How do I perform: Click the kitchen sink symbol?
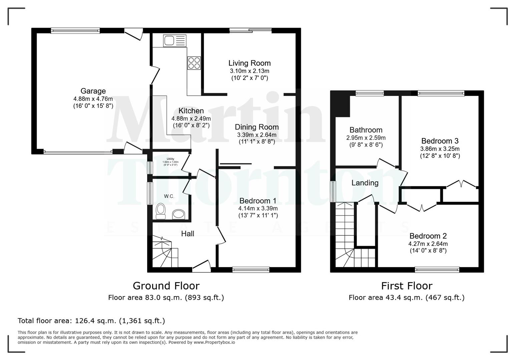point(174,41)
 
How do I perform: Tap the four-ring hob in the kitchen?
point(194,63)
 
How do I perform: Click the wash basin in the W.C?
point(179,214)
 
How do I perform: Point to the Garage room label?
point(93,91)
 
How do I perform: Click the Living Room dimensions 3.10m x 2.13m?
point(249,71)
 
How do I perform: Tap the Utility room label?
point(170,159)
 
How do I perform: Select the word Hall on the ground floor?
point(187,234)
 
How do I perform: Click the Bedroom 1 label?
point(258,201)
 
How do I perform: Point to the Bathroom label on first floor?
point(366,130)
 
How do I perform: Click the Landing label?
point(365,183)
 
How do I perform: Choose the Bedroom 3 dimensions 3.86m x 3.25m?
point(440,149)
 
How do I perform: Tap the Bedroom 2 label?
point(428,236)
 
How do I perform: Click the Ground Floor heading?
point(166,286)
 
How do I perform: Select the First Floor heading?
point(407,286)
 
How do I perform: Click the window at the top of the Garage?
point(75,31)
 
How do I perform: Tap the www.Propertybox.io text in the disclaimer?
point(214,342)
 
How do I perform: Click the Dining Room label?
point(256,127)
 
